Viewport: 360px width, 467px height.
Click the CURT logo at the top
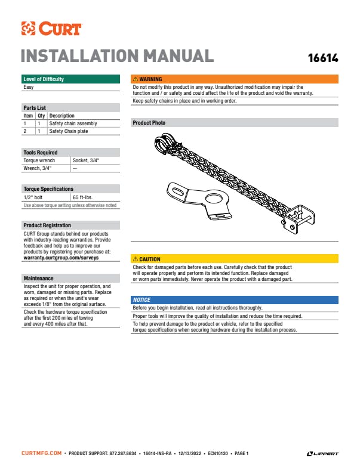click(x=51, y=28)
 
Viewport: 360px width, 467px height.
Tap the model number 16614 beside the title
click(x=322, y=58)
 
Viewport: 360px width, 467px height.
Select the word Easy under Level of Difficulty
click(x=29, y=87)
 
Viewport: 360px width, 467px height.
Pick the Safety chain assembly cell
click(x=73, y=123)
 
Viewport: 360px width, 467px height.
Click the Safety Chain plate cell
click(x=69, y=131)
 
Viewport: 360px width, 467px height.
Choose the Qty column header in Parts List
click(x=41, y=116)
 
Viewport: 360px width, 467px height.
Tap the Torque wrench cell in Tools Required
click(x=39, y=160)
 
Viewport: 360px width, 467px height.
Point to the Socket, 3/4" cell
click(x=86, y=160)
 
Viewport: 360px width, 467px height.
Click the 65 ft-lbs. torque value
click(x=83, y=197)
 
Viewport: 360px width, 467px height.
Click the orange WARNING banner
click(x=235, y=79)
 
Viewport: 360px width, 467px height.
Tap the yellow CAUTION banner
click(x=235, y=259)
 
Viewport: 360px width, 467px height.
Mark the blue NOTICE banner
click(x=235, y=299)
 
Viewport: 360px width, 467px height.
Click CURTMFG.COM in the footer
click(x=41, y=454)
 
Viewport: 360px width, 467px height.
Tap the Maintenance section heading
click(x=38, y=279)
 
